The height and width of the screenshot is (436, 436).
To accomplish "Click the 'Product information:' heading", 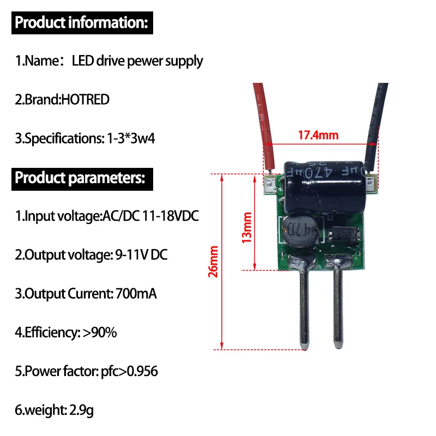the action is (81, 23).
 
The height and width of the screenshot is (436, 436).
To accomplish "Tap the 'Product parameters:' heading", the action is (80, 178).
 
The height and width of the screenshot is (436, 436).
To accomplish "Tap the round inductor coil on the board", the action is (299, 232).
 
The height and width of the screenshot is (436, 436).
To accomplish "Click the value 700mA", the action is (136, 294).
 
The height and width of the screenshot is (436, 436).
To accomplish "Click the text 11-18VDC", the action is (170, 216).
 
